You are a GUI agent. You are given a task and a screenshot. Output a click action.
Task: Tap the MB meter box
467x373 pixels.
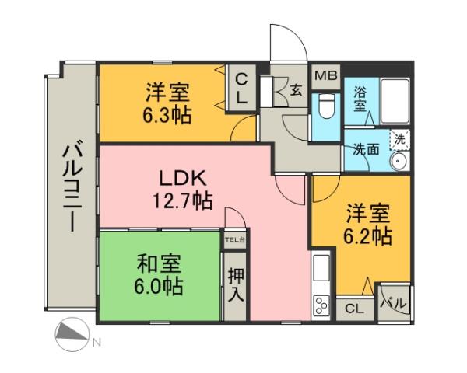point(325,76)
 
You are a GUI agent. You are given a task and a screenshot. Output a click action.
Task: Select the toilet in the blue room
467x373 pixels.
point(325,109)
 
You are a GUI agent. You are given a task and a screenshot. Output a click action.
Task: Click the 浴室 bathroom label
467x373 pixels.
point(360,99)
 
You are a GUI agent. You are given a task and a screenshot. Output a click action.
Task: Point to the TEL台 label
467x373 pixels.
point(234,240)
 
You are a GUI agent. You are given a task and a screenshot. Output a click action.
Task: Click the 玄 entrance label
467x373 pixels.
point(297,89)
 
